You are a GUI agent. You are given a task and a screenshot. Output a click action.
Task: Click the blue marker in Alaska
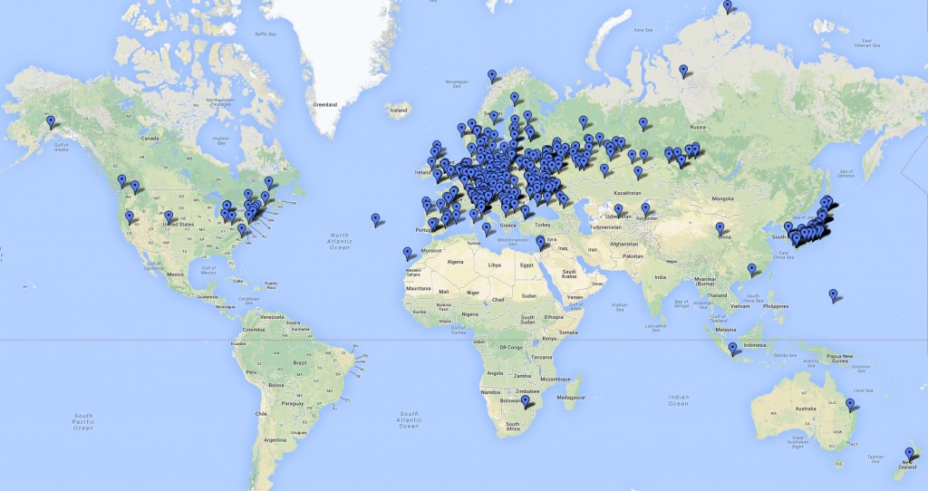pos(51,121)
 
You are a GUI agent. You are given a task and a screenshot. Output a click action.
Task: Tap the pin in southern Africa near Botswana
pos(525,400)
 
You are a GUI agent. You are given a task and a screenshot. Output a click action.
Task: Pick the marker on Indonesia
pos(732,348)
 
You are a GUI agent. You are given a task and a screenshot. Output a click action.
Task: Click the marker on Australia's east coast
pos(850,404)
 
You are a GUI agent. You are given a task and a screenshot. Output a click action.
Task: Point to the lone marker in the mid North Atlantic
pos(376,218)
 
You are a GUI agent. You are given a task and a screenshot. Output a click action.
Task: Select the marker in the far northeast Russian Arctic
pos(727,6)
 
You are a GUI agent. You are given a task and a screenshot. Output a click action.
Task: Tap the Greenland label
pos(324,105)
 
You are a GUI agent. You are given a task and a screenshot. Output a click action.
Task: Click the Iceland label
pos(398,111)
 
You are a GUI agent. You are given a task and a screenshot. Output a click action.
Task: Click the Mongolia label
pos(722,197)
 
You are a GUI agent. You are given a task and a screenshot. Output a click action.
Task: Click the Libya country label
pos(494,265)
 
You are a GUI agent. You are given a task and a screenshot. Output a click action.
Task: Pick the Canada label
pos(150,139)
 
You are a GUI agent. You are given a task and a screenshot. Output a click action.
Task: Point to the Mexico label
pos(175,273)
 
